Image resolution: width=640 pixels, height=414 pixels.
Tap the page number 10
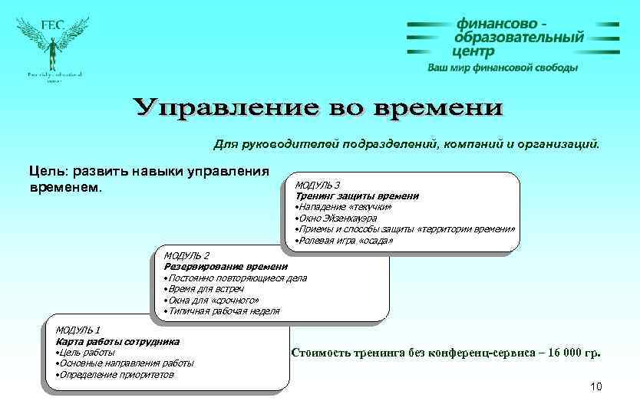596,386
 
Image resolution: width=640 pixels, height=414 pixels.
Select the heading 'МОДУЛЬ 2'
186,255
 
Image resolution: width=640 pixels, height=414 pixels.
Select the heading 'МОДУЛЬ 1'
78,330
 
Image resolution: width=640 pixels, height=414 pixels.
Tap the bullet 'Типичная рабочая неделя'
222,311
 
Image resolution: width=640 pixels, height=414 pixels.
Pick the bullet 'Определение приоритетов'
115,374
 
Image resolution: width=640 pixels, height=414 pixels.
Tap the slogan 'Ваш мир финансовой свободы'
502,67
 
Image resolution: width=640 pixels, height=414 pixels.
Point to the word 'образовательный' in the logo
519,38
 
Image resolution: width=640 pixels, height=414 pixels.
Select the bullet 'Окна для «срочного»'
211,301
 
